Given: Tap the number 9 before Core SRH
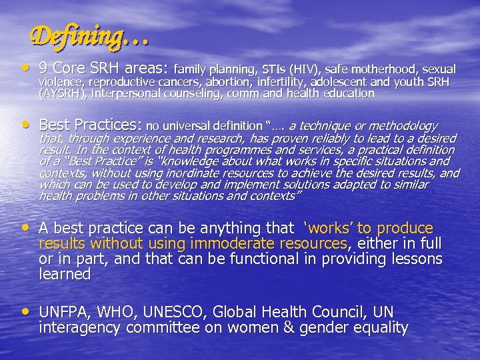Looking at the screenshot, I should click(x=44, y=69).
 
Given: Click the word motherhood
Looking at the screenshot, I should click(x=375, y=69).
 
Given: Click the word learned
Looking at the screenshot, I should click(x=65, y=274).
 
